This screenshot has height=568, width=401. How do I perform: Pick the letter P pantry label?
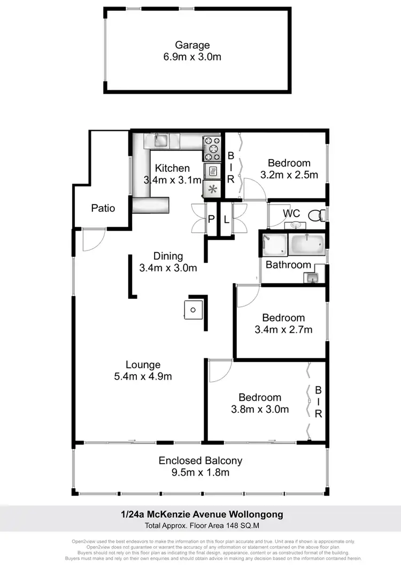(211, 218)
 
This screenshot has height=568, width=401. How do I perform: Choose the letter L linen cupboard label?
(226, 218)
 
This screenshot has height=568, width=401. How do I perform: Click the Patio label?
(103, 208)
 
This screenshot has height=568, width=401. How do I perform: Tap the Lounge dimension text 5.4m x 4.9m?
(143, 376)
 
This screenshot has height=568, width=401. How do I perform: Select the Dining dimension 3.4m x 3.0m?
(168, 268)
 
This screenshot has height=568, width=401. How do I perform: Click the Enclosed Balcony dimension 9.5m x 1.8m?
(200, 472)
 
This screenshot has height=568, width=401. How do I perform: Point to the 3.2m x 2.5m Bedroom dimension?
(289, 175)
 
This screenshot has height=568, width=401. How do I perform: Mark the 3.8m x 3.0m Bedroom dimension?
(260, 410)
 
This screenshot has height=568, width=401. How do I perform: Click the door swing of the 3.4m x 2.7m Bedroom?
(247, 296)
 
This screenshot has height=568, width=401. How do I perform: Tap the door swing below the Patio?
(93, 239)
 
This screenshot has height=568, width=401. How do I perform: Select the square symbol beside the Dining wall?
(193, 309)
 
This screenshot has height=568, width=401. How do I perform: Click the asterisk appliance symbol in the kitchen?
(212, 188)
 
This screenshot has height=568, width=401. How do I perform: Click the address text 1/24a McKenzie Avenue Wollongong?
(200, 514)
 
